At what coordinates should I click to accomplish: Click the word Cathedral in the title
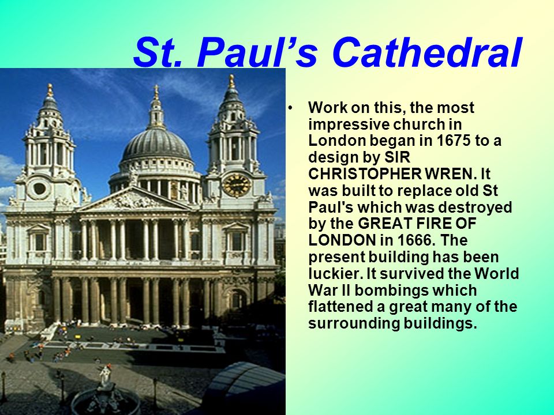427,52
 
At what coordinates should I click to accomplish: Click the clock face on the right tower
237,185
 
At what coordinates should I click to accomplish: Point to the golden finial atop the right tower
231,81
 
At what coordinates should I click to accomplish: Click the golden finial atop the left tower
50,90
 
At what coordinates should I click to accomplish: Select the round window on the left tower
39,189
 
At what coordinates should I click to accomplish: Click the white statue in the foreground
105,378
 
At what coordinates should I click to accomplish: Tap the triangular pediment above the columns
133,201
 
